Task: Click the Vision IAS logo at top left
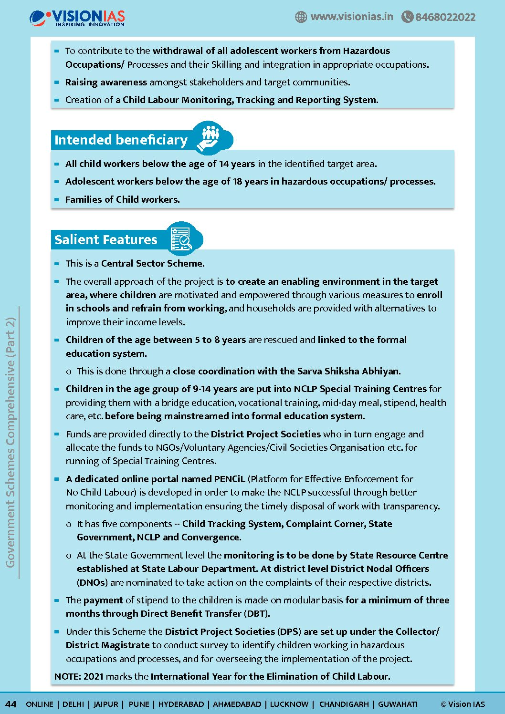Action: (x=77, y=18)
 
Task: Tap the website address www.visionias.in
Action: (x=352, y=17)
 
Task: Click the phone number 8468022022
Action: (x=445, y=17)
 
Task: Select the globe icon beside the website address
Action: (x=301, y=17)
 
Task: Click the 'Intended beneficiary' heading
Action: (x=121, y=140)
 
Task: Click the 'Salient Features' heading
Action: (x=105, y=239)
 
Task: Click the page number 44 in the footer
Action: (x=11, y=704)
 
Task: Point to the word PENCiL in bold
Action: (x=229, y=479)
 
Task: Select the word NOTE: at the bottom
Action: (x=67, y=676)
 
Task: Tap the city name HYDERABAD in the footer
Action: (x=181, y=704)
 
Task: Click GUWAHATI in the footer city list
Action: (x=398, y=704)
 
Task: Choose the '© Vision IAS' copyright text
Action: (x=463, y=704)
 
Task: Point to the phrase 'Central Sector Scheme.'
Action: (x=153, y=263)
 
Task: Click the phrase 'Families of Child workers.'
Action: (x=123, y=199)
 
